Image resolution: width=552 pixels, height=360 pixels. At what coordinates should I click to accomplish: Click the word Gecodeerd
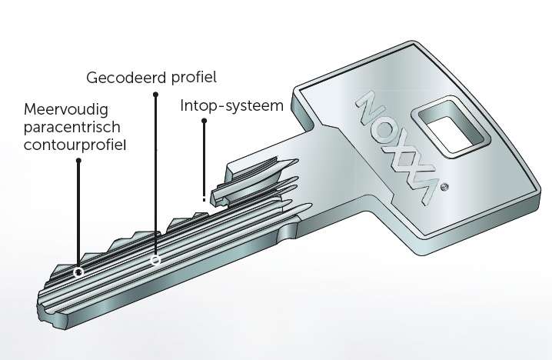click(x=127, y=78)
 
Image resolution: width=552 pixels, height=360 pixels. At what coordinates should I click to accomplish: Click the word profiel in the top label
click(x=194, y=78)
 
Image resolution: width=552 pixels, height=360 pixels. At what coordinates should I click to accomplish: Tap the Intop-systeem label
click(x=231, y=105)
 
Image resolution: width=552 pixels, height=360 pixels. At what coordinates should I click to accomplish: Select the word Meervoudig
click(x=66, y=110)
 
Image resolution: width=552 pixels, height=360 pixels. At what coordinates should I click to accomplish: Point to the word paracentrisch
click(x=71, y=128)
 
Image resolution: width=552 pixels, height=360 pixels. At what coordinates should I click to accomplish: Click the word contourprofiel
click(x=75, y=145)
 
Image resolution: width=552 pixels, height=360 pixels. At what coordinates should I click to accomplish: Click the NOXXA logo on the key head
click(x=397, y=147)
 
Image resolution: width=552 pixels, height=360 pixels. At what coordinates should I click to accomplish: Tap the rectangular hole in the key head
click(x=450, y=126)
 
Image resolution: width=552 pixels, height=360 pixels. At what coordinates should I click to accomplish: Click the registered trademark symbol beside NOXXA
click(x=445, y=187)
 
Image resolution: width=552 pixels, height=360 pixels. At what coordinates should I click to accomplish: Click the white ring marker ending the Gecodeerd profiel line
click(x=155, y=260)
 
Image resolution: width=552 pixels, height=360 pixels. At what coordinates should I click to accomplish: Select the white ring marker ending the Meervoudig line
click(x=78, y=272)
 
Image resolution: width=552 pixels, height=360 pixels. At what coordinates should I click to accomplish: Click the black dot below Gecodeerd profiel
click(x=155, y=95)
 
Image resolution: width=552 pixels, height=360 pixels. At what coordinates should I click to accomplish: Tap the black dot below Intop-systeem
click(x=205, y=121)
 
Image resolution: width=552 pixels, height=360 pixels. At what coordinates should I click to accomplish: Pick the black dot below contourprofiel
click(x=78, y=161)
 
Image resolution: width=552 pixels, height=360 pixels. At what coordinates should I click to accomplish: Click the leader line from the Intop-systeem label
click(x=205, y=161)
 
